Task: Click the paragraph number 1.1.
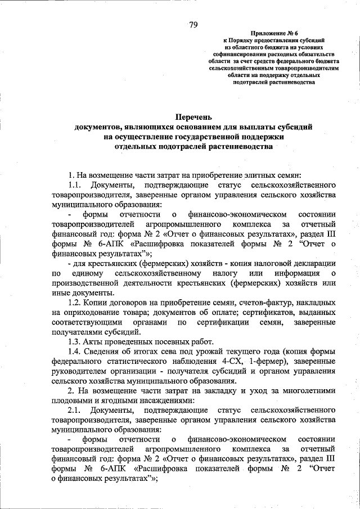[x=75, y=184]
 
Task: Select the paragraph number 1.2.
[x=75, y=303]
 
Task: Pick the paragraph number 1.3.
[x=75, y=342]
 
